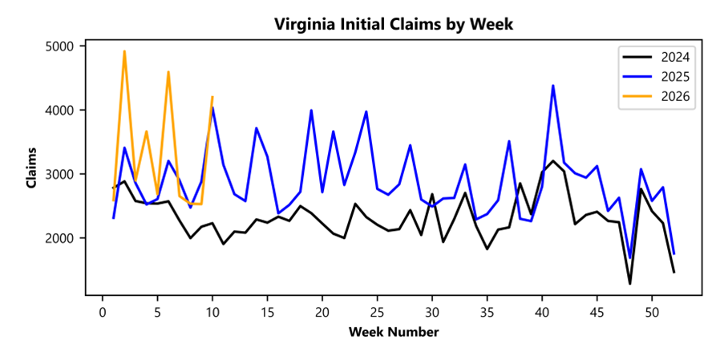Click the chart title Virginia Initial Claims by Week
click(x=393, y=24)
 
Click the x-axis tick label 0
click(x=103, y=311)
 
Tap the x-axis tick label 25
click(x=377, y=311)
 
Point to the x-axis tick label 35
click(x=487, y=311)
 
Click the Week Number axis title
click(x=393, y=331)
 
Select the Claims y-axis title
click(x=32, y=168)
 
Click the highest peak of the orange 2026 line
click(x=124, y=51)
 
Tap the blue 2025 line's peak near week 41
click(x=553, y=86)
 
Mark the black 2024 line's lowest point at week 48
click(x=630, y=283)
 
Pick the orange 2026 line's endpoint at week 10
click(x=212, y=97)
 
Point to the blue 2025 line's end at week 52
click(x=674, y=254)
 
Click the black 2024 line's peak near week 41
click(x=553, y=161)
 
